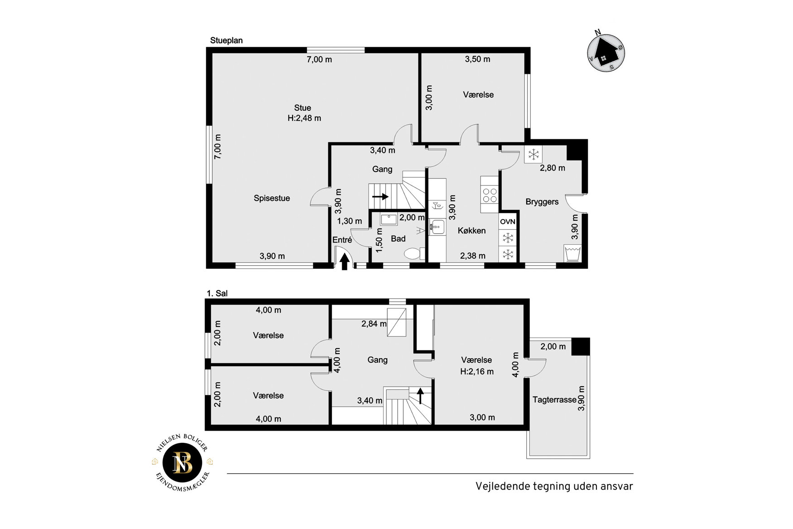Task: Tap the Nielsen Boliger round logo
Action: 183,462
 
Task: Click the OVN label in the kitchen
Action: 508,222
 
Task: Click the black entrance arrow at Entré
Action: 345,262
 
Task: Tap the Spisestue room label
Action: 272,198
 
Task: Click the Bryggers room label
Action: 542,202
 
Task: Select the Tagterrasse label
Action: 554,400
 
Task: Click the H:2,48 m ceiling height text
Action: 304,118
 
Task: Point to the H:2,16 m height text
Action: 477,372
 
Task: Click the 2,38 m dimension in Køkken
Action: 473,256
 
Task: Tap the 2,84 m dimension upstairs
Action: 374,324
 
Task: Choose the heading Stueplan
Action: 226,40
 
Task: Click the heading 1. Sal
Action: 217,293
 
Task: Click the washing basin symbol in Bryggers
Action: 573,253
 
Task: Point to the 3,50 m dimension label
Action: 478,59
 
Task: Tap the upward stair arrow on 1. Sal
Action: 420,396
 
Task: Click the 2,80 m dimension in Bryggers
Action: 553,168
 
